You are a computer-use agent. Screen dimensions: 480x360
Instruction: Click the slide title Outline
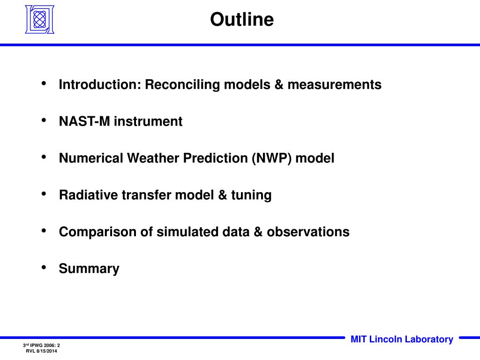click(x=242, y=19)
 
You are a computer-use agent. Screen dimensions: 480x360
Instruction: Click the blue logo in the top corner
click(x=39, y=19)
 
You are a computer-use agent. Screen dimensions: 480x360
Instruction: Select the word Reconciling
click(x=182, y=85)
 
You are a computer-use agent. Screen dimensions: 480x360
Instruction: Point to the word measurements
click(x=334, y=84)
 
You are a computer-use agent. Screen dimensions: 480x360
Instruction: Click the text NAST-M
click(x=84, y=121)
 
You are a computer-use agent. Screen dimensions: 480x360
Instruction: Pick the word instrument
click(x=148, y=121)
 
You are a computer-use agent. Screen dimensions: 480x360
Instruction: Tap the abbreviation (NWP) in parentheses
click(x=271, y=158)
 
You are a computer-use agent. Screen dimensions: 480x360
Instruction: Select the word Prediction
click(x=216, y=158)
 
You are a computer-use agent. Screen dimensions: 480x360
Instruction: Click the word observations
click(x=308, y=232)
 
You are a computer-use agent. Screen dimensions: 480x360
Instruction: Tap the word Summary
click(x=89, y=269)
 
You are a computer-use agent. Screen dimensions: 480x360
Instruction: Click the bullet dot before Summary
click(x=44, y=268)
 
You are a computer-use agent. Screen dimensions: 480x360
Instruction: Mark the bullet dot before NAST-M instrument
click(x=44, y=120)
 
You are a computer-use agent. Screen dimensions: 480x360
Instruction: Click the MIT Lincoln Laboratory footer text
click(x=402, y=339)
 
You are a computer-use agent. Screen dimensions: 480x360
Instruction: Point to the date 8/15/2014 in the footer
click(x=46, y=351)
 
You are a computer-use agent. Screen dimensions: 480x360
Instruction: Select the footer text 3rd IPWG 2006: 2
click(x=41, y=345)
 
